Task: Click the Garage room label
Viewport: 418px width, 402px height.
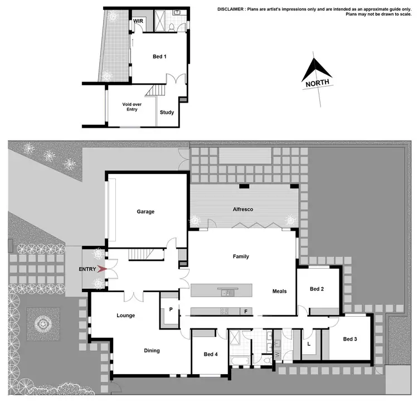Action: point(145,211)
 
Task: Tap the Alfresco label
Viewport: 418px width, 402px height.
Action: point(243,209)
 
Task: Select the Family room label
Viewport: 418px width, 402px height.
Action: point(241,256)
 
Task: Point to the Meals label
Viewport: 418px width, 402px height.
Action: point(279,291)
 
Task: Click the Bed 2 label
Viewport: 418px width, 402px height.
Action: point(317,289)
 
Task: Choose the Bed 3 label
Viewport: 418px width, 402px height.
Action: point(350,339)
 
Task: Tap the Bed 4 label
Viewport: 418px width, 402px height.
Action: point(211,354)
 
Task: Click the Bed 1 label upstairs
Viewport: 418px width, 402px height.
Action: point(160,56)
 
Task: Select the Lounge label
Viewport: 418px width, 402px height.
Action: point(125,316)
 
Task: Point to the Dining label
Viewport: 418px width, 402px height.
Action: point(152,351)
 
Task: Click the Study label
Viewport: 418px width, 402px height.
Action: point(167,112)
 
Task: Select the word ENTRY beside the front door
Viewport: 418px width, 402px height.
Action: point(88,269)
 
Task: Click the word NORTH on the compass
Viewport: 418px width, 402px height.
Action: point(317,83)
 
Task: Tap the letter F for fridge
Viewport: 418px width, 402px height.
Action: point(245,311)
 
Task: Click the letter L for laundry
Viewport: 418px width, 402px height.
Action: point(308,344)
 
